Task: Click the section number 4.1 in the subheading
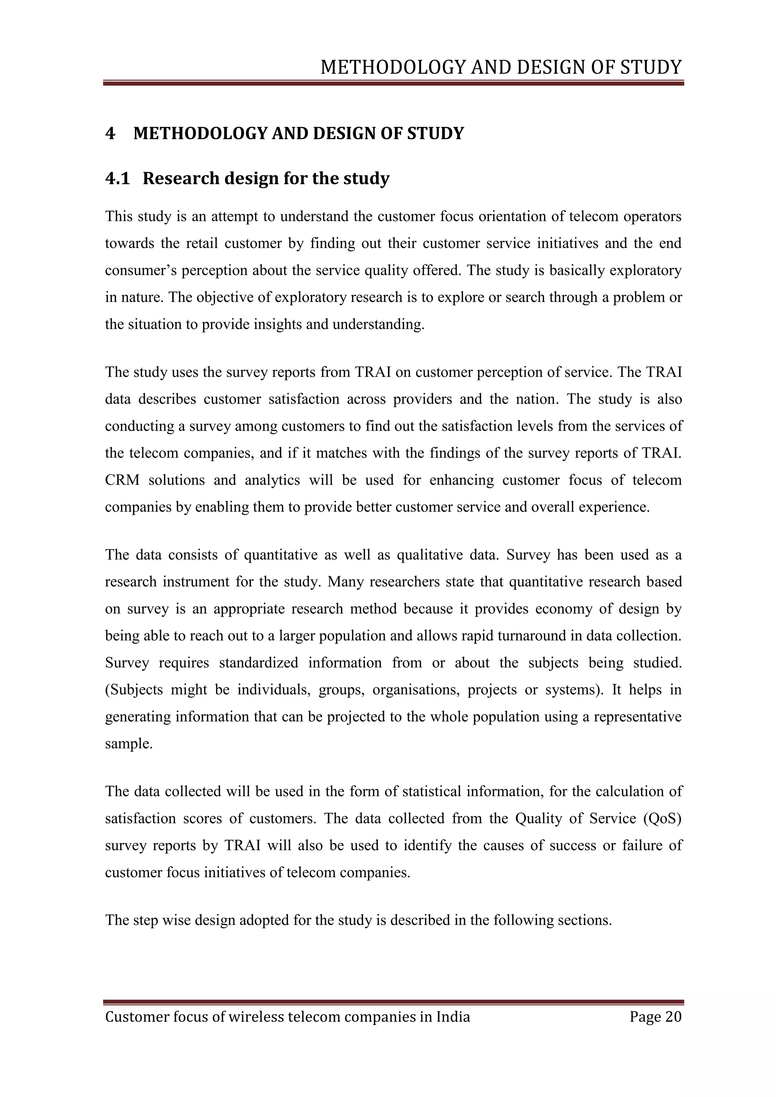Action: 117,179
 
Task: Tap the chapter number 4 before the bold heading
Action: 110,133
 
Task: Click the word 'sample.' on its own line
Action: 128,744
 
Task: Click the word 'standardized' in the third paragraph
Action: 258,663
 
